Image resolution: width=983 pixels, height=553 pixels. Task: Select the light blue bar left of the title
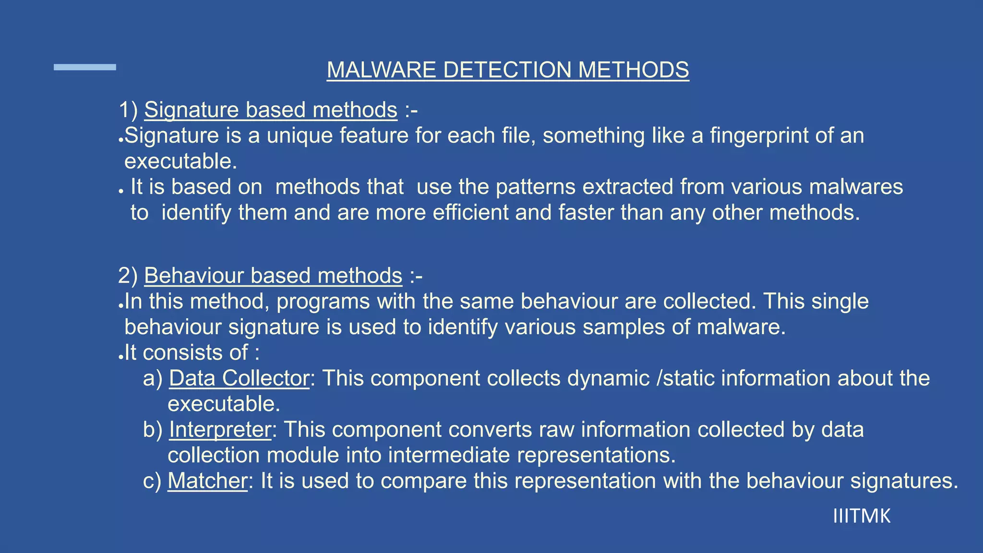point(85,67)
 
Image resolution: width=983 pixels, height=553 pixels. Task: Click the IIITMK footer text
point(862,517)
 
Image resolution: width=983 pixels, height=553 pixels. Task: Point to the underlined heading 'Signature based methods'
point(271,110)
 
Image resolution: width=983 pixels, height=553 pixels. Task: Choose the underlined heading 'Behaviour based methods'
point(273,276)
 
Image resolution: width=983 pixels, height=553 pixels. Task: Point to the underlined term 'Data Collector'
point(239,378)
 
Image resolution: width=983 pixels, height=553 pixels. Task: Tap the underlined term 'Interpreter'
point(220,430)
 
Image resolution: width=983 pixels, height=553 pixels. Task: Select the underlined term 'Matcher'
point(207,481)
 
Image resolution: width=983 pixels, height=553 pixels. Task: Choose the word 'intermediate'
point(449,455)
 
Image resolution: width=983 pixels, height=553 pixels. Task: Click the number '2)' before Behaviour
point(128,276)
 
